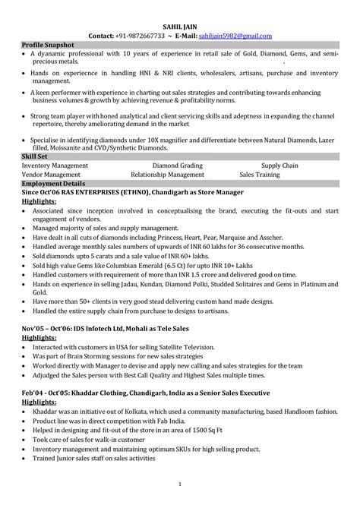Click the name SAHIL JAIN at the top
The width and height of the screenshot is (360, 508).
click(180, 26)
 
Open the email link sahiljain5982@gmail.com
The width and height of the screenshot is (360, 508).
click(235, 36)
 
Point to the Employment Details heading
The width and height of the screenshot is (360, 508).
click(54, 185)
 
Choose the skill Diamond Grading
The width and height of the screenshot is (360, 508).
click(178, 165)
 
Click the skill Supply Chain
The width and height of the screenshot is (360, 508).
click(280, 165)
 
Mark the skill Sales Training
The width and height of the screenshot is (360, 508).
click(261, 174)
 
